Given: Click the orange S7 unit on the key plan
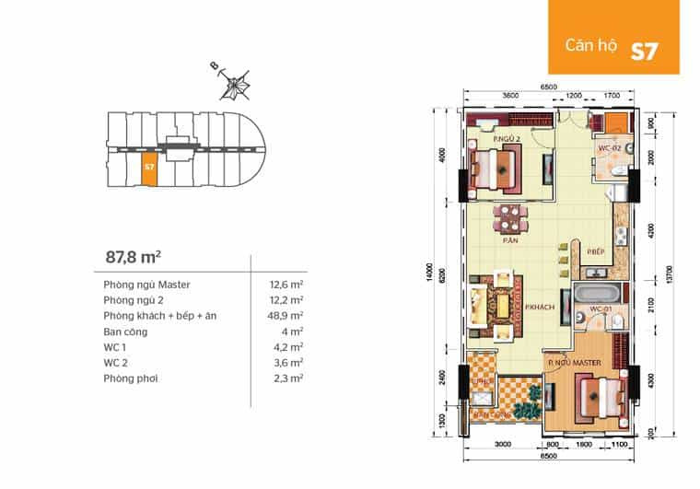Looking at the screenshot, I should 148,170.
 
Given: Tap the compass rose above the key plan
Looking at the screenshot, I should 238,86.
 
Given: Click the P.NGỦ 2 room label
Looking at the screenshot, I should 506,139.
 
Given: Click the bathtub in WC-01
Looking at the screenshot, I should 586,297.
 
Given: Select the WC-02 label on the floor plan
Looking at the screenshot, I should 610,147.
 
